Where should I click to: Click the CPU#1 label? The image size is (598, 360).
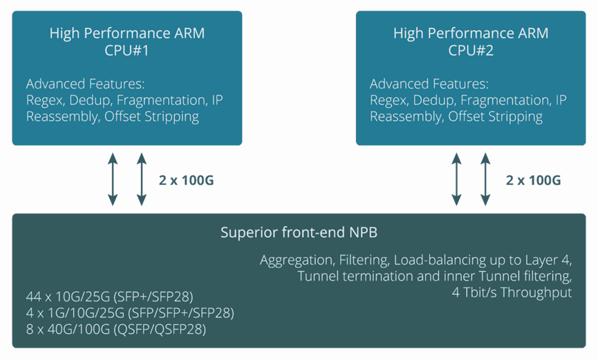point(127,50)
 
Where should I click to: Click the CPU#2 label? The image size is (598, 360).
point(470,50)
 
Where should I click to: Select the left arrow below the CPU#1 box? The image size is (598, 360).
point(113,179)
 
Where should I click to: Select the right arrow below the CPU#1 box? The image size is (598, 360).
point(142,179)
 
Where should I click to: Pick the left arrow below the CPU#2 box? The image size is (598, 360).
point(456,179)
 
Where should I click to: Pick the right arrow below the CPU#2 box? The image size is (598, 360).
point(485,179)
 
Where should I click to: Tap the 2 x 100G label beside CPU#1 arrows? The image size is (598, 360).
point(186,181)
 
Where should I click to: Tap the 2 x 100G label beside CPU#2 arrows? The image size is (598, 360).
point(533,181)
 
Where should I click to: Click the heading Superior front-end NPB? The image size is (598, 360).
point(299,232)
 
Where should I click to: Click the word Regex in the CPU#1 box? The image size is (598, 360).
point(43,100)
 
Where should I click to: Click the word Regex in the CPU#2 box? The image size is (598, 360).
point(386,100)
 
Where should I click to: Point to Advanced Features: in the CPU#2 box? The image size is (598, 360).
point(429,84)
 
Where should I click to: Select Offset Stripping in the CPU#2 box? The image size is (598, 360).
point(496,116)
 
